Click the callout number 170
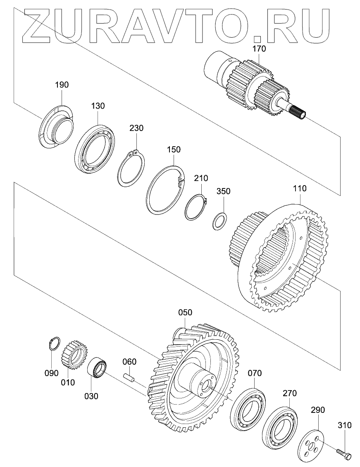click(x=259, y=49)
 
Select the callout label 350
click(x=224, y=191)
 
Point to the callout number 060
click(x=129, y=362)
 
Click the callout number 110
click(x=300, y=188)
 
